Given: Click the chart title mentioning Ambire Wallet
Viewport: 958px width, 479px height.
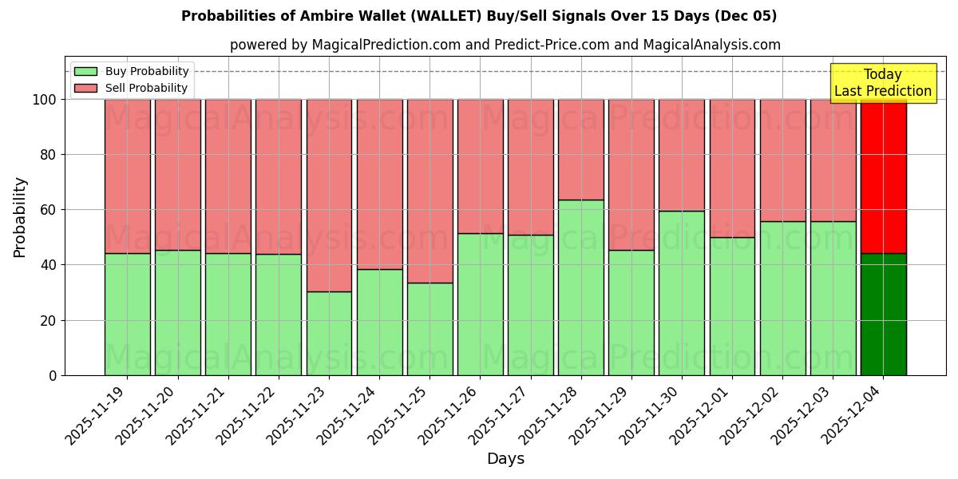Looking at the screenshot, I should click(x=479, y=16).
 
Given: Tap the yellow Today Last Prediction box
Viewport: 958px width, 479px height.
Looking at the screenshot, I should click(x=882, y=83).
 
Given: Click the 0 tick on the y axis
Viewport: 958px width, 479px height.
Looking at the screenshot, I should click(x=53, y=375).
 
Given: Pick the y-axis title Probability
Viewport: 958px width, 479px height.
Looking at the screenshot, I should click(x=20, y=217).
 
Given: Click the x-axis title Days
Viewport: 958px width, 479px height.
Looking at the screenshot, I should click(x=505, y=458).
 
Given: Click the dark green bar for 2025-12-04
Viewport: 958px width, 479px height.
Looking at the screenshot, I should click(x=883, y=315).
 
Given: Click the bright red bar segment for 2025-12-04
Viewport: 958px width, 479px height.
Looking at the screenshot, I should click(x=883, y=176).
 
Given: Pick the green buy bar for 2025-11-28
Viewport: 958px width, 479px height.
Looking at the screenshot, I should click(x=580, y=287).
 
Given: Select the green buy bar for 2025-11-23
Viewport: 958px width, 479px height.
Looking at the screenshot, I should click(x=329, y=334).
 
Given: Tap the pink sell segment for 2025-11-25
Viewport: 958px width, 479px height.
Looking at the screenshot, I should click(x=430, y=192).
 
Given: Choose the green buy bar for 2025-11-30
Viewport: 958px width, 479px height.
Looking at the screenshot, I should click(x=682, y=293).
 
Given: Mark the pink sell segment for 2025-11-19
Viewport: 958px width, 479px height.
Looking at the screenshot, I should click(x=127, y=176).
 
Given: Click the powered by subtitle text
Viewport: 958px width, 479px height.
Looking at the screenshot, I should click(x=505, y=45).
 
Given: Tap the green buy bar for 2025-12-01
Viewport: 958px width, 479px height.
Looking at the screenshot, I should click(x=732, y=307).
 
